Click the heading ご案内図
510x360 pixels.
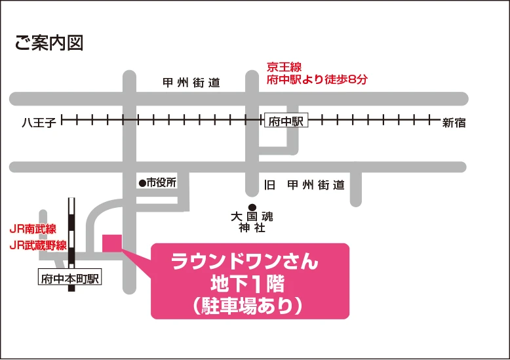(x=49, y=43)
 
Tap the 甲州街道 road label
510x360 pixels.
(x=191, y=83)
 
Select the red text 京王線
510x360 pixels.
(x=284, y=66)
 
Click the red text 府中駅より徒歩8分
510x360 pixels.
(x=317, y=80)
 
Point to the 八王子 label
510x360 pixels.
(x=41, y=122)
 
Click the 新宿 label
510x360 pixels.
(x=454, y=122)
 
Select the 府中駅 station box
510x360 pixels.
(x=286, y=122)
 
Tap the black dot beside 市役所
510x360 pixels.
(x=141, y=183)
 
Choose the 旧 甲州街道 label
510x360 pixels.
(x=304, y=185)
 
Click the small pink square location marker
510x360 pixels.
(x=112, y=241)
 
